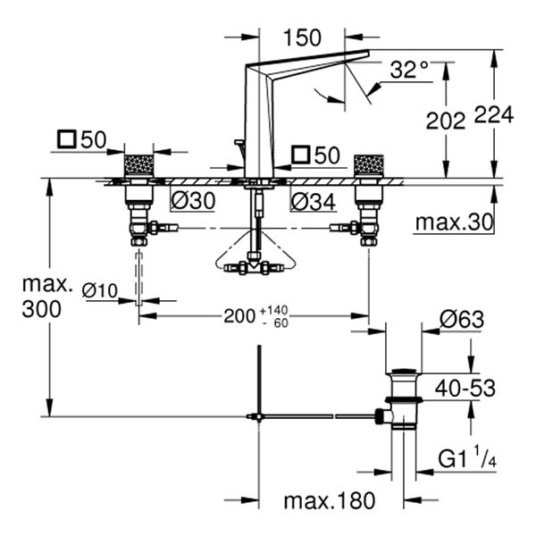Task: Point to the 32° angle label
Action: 409,70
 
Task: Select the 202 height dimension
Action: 447,121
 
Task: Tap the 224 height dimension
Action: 494,114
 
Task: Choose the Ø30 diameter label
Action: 192,202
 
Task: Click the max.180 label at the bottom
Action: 330,500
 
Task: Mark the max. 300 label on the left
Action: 44,297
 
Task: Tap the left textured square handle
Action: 138,165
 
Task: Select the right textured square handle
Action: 368,165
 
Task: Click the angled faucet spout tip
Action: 362,55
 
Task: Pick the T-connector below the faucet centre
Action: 259,265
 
